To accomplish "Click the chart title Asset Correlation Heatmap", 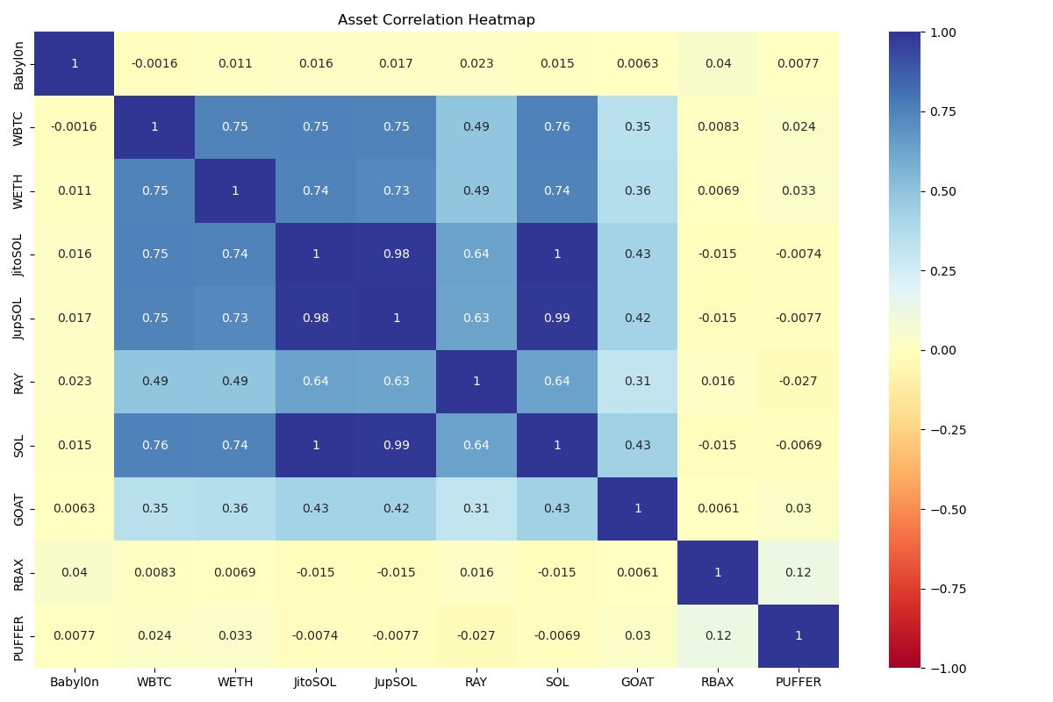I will [436, 20].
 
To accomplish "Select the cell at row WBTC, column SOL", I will [557, 127].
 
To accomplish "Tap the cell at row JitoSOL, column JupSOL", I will [397, 254].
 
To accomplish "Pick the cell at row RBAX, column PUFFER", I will [799, 572].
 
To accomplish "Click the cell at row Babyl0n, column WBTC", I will [154, 63].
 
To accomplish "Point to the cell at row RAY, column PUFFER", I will [799, 382].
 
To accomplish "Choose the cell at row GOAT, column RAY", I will [476, 509].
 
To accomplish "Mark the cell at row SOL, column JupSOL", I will [397, 445].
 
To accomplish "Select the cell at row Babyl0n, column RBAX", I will [718, 63].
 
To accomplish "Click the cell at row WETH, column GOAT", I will [638, 190].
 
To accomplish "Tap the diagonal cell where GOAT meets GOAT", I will [638, 509].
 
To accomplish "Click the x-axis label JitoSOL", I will [316, 682].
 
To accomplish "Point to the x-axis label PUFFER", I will [799, 682].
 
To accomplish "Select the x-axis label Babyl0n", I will [75, 682].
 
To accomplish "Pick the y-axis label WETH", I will [19, 190].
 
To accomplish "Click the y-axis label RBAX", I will [19, 572].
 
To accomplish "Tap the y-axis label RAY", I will [19, 382].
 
